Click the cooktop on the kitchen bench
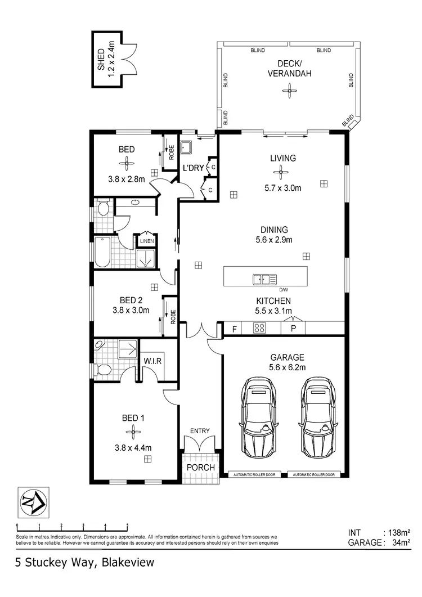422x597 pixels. point(260,328)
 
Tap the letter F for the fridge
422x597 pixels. point(234,328)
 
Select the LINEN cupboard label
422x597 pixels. point(146,241)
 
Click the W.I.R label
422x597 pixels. point(152,361)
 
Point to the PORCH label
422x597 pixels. point(200,468)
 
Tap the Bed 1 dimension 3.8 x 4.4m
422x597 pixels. point(133,448)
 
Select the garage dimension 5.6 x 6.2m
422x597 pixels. point(287,368)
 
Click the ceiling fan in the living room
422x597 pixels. point(282,173)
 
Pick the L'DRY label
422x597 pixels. point(192,168)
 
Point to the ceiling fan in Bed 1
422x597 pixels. point(133,432)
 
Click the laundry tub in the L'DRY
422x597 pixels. point(187,148)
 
